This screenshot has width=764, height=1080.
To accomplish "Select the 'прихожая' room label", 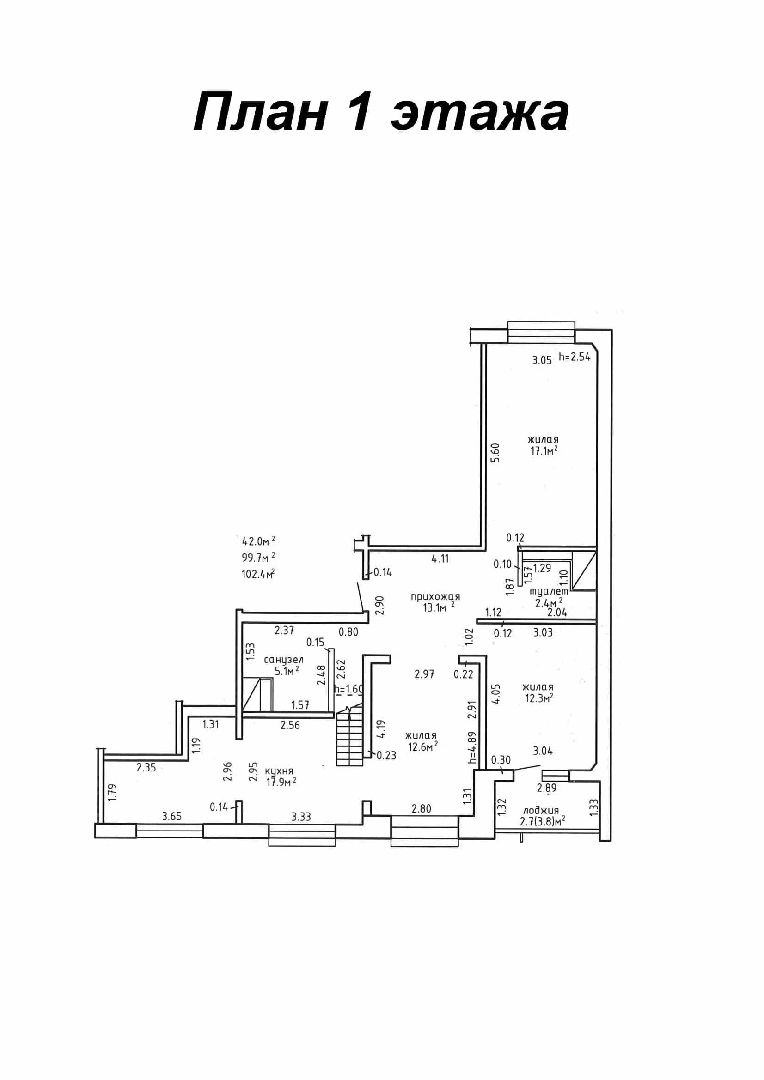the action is (435, 597).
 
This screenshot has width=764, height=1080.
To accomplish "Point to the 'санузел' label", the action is (284, 661).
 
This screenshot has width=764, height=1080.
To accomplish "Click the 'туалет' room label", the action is (549, 591).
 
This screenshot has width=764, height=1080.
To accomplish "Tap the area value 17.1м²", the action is (544, 451).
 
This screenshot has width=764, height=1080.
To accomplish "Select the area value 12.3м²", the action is (539, 698).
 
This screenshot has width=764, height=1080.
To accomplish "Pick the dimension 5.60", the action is (495, 453).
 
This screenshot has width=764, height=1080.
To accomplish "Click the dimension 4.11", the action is (440, 559).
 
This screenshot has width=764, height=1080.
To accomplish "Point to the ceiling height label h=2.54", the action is (575, 357).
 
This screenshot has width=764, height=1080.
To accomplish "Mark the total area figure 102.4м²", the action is (258, 574).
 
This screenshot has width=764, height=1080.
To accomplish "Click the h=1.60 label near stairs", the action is (349, 689).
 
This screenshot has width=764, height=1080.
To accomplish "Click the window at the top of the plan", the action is (541, 333).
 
